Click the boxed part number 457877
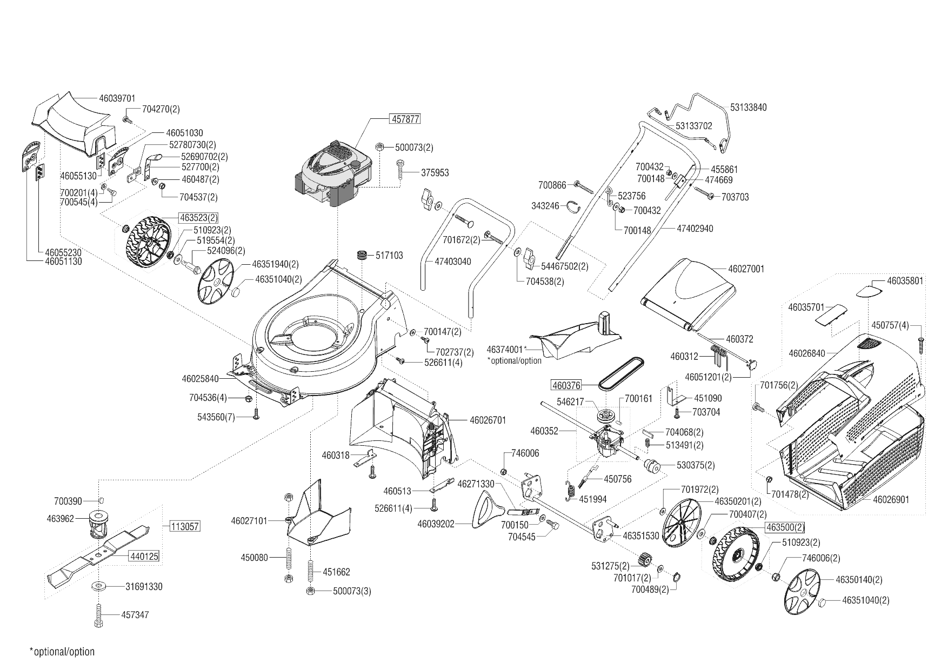[405, 119]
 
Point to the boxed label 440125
[144, 556]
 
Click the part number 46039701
[117, 98]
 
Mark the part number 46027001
[746, 269]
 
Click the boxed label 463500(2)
[785, 527]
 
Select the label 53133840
[748, 107]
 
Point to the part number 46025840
[200, 379]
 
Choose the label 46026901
[891, 499]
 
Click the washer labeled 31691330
[99, 586]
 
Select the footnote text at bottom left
[62, 652]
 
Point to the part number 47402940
[695, 229]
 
